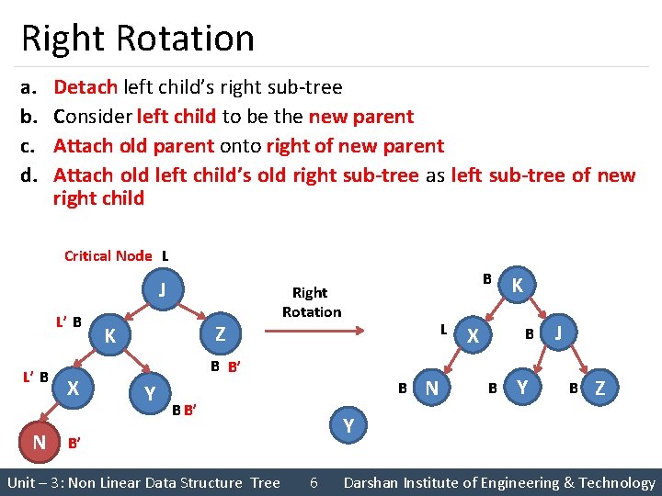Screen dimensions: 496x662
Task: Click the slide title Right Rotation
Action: (x=138, y=39)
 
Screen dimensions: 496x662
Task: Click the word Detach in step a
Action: (x=86, y=87)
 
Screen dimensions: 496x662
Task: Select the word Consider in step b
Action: (x=92, y=117)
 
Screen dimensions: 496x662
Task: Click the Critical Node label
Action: (x=108, y=256)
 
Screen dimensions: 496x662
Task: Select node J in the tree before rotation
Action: (x=162, y=290)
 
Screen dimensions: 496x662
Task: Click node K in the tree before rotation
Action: (x=109, y=335)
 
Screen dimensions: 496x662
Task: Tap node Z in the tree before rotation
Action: (x=220, y=334)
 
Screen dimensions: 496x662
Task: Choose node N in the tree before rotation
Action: (x=40, y=443)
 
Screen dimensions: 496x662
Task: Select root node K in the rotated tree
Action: (x=518, y=286)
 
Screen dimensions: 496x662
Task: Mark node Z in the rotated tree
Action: (x=600, y=388)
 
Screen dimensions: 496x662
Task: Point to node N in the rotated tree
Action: (x=432, y=388)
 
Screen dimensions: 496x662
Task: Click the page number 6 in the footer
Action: (x=314, y=482)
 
